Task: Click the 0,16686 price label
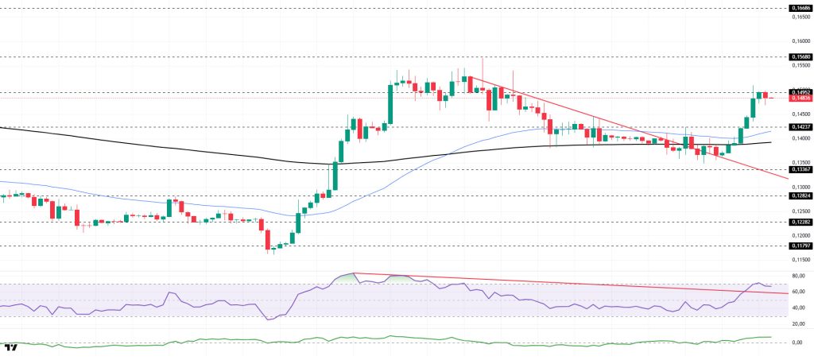tap(799, 8)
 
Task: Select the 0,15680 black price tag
tap(799, 57)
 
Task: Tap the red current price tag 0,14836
tap(799, 99)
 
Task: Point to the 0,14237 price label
tap(799, 126)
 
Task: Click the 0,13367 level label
tap(799, 169)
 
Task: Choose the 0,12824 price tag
tap(799, 195)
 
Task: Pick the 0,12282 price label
tap(799, 223)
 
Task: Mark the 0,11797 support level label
tap(799, 246)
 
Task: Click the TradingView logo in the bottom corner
tap(11, 348)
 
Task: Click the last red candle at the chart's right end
tap(766, 95)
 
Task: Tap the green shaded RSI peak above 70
tap(346, 277)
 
